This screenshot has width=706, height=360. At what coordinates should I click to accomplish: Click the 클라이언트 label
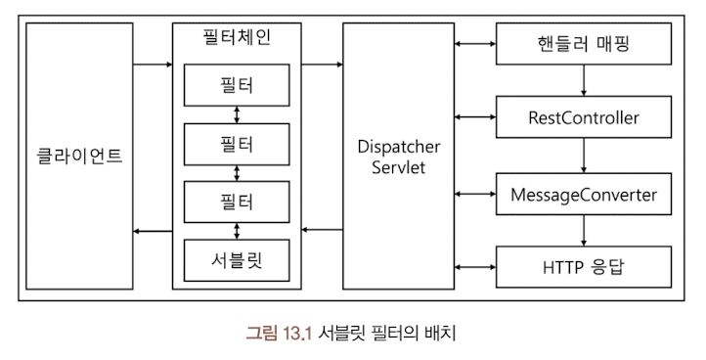[79, 156]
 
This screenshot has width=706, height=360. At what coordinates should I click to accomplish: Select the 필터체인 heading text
[237, 38]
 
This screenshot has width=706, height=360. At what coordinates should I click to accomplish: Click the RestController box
[583, 117]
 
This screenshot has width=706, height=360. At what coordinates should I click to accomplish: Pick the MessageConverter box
[583, 194]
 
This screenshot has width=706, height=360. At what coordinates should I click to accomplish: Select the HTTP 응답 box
[583, 267]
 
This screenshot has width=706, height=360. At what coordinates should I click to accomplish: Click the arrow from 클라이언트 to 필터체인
[153, 66]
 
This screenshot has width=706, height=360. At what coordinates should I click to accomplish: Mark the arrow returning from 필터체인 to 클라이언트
[153, 231]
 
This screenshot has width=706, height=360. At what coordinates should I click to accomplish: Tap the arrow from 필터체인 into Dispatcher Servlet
[322, 66]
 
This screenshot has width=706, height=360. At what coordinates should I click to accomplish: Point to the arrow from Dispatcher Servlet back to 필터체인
[322, 231]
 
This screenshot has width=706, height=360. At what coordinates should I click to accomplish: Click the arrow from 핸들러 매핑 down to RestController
[584, 80]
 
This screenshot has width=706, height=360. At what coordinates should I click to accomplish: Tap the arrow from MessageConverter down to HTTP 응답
[584, 231]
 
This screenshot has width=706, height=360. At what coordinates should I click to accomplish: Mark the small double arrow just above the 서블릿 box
[237, 231]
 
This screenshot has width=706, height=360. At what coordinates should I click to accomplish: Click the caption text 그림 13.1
[278, 333]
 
